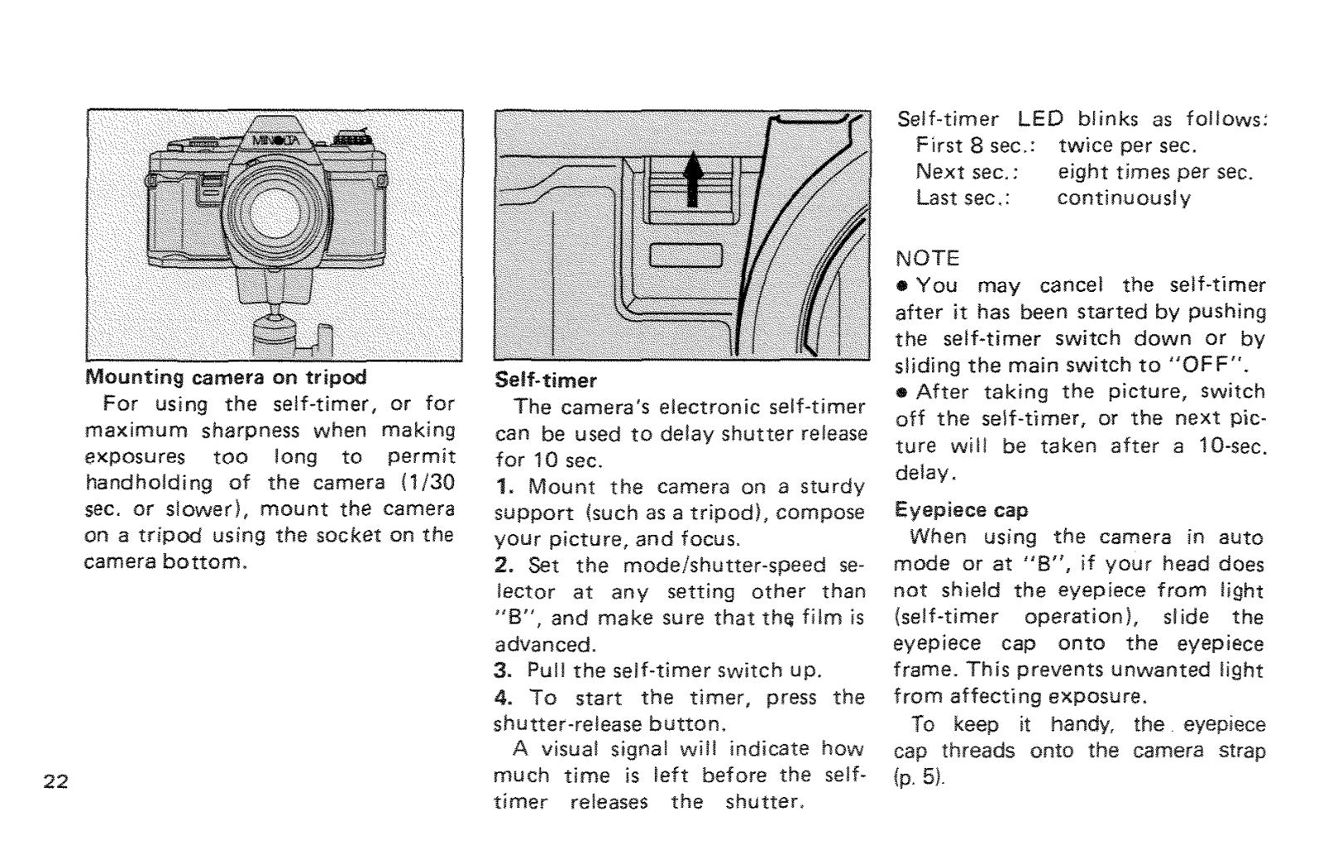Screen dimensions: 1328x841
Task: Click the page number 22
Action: point(57,782)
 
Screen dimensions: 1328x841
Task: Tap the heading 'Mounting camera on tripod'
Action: point(226,377)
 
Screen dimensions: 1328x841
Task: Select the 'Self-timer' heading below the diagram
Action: point(545,381)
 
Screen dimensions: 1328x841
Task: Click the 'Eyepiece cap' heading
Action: point(960,510)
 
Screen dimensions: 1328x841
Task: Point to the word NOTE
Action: point(927,258)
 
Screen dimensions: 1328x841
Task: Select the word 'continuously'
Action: point(1124,199)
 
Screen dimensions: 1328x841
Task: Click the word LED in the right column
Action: point(1041,119)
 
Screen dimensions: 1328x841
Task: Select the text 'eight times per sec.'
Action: point(1155,173)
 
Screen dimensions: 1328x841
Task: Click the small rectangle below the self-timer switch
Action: point(688,255)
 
